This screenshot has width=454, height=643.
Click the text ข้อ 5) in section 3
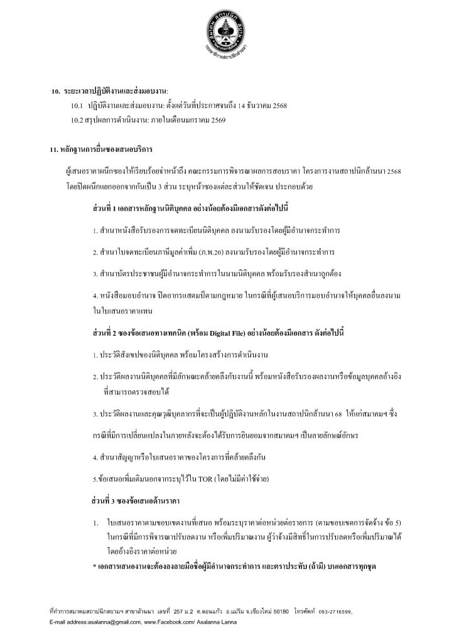pyautogui.click(x=396, y=522)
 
